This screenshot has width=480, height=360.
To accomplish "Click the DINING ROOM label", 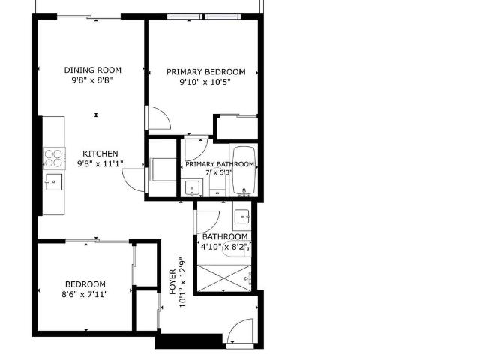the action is point(93,70).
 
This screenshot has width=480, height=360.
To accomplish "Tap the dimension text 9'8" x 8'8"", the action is point(92,80).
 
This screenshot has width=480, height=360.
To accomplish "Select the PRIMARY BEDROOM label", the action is point(206,72).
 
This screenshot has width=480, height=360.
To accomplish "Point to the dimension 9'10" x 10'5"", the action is point(205,82).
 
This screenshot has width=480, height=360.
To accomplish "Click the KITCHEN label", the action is point(100,154).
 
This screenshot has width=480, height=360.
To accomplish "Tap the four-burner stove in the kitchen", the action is point(54,158).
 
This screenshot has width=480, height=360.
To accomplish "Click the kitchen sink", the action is point(54,182).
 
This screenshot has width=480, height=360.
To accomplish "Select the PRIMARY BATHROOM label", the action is point(220,164).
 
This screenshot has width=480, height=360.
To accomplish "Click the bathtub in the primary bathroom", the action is point(244,170).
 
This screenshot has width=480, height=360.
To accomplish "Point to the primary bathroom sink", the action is point(192,187).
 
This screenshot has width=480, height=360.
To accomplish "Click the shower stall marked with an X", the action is point(224,278).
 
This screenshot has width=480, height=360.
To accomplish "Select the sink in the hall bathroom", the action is point(243,217).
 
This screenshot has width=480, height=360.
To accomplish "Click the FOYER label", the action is point(172,281).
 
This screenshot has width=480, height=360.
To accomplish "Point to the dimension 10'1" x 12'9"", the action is point(182,282).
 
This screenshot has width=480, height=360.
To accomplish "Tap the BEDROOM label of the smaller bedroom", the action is point(85,284).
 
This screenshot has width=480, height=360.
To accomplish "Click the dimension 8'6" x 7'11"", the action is point(85,295).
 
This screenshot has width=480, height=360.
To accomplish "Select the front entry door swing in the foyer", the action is point(241,331).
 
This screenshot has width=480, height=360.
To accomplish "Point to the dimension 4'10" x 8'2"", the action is point(223,247).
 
